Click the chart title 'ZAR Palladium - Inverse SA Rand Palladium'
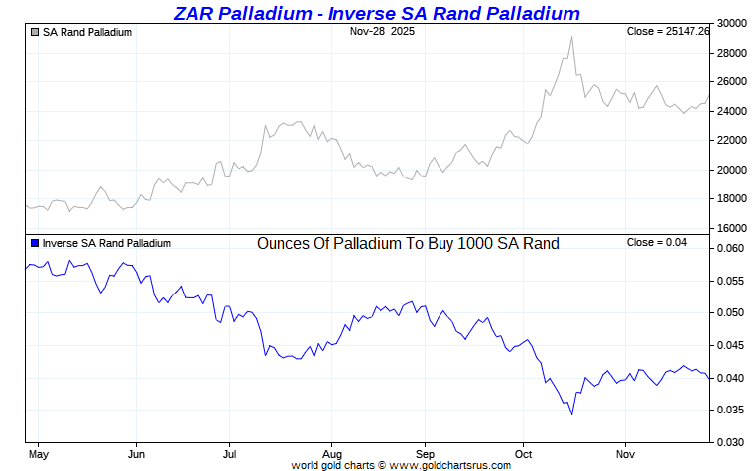coord(376,13)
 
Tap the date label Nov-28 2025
coord(382,32)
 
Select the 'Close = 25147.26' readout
coord(668,32)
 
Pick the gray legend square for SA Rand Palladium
coord(35,33)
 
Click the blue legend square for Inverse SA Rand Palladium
coord(35,244)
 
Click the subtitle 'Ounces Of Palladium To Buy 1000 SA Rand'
coord(408,244)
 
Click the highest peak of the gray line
coord(571,37)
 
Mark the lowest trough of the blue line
coord(571,414)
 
